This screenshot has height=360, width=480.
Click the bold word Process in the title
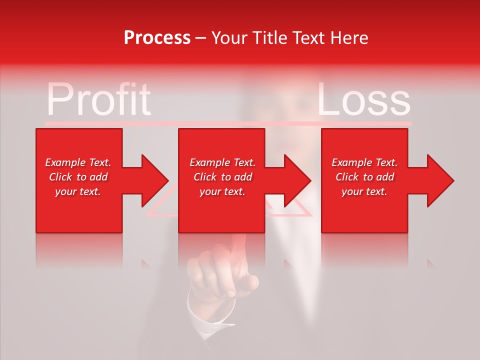coord(157,38)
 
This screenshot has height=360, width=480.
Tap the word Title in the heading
coord(268,38)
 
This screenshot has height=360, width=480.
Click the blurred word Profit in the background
coord(98,99)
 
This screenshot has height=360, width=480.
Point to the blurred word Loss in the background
coord(363,99)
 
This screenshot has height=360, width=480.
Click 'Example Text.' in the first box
coord(78,162)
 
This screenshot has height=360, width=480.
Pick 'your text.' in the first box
coord(78,191)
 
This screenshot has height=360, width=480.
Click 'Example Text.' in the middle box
coord(222,162)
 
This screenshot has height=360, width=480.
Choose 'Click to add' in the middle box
coord(222,177)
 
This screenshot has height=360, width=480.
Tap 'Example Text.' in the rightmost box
coord(364,162)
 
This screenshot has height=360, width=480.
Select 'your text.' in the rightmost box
coord(364,191)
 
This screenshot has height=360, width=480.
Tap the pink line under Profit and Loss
coord(228,122)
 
